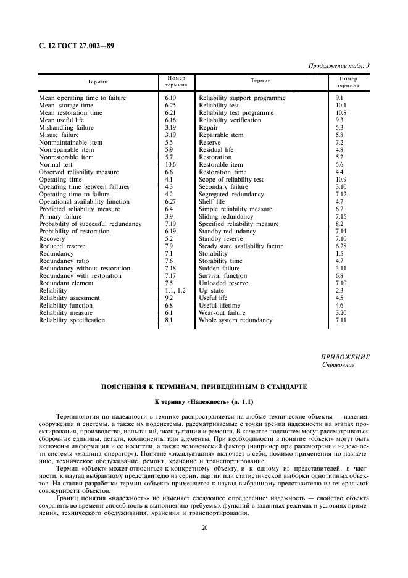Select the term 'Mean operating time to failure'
click(82, 98)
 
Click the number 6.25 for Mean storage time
click(171, 106)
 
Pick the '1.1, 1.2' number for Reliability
click(175, 291)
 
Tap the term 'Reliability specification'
click(72, 320)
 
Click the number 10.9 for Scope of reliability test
click(341, 180)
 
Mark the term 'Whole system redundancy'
click(235, 320)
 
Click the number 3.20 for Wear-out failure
click(341, 313)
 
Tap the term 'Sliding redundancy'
click(227, 217)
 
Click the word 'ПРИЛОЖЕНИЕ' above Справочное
click(346, 358)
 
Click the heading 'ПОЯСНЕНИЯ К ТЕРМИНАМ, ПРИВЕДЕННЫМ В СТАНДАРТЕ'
click(204, 387)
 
